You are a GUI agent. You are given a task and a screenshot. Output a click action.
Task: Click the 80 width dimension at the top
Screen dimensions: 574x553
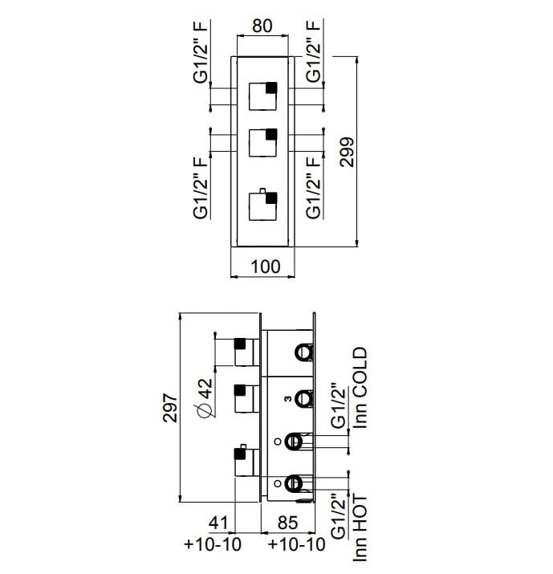262,26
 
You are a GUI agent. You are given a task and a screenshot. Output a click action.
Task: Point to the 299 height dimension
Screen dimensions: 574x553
347,150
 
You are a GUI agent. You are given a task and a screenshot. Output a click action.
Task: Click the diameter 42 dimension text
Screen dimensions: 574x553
205,397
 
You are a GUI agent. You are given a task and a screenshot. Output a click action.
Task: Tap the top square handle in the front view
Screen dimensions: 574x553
262,96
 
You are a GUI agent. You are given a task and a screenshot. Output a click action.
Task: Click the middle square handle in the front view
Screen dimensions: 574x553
262,142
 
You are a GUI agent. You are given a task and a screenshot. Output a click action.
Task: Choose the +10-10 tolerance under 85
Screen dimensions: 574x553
296,545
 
